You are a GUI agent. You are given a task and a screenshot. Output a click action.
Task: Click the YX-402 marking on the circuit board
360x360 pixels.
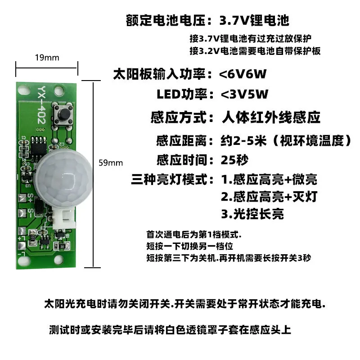pos(41,105)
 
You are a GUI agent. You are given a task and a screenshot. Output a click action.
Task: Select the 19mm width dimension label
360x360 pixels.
pos(47,58)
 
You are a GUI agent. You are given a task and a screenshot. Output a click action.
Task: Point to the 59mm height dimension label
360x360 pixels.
pos(111,163)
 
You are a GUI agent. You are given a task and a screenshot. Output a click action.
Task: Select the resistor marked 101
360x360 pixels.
pos(32,237)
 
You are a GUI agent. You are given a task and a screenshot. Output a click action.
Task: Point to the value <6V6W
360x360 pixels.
pos(243,74)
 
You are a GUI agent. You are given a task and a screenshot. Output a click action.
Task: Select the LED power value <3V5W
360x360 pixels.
pos(244,94)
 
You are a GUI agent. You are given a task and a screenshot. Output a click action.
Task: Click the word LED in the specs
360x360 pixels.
pos(168,94)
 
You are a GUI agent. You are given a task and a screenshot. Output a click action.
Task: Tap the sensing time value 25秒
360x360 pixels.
pos(234,160)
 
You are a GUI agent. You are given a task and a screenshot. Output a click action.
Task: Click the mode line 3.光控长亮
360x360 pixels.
pos(252,214)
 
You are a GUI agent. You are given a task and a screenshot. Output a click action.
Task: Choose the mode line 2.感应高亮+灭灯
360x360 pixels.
pos(269,197)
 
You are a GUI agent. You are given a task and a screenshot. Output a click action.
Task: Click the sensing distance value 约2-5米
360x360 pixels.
pos(243,140)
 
